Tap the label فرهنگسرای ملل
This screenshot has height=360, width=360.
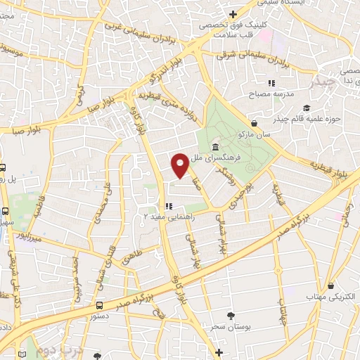click(x=240, y=158)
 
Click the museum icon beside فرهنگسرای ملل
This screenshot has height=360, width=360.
click(x=214, y=148)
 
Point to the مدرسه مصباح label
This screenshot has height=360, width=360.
click(x=266, y=93)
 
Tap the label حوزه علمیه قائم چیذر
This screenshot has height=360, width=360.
click(x=309, y=118)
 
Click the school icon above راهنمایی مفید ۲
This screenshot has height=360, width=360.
click(x=169, y=206)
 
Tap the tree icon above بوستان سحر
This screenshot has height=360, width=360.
click(x=230, y=316)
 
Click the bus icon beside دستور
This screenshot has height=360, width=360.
click(x=99, y=306)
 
